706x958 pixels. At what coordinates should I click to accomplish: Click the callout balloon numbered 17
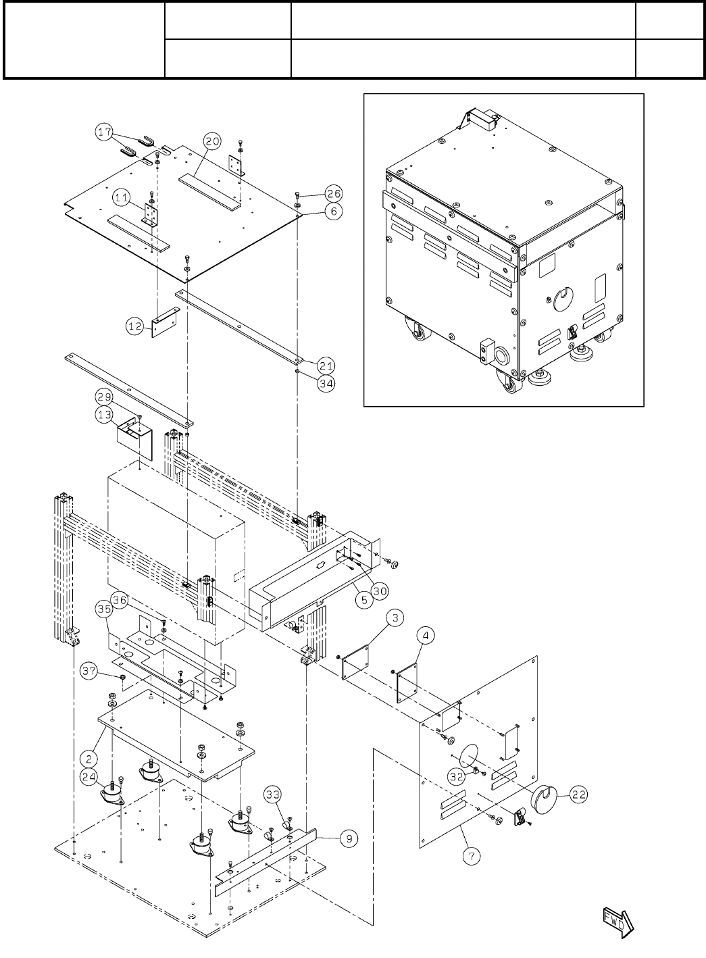click(103, 133)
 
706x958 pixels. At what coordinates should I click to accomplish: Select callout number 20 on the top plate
click(212, 141)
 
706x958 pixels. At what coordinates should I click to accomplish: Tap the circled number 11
click(122, 198)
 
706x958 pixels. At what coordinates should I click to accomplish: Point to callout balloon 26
click(333, 191)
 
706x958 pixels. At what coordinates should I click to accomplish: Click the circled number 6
click(333, 211)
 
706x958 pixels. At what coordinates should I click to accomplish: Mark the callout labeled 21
click(326, 365)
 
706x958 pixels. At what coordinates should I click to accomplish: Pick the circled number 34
click(326, 383)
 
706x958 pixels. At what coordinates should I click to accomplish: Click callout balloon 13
click(104, 415)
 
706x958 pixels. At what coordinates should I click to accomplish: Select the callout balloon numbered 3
click(396, 617)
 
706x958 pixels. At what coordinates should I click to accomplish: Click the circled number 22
click(577, 795)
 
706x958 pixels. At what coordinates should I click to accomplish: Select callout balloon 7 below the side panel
click(472, 856)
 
